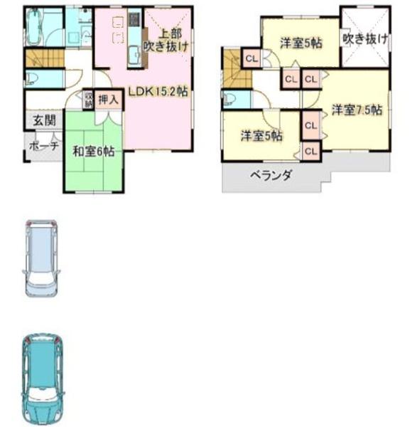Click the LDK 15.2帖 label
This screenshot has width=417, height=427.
pos(158,91)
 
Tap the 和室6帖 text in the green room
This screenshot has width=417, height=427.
pos(94,151)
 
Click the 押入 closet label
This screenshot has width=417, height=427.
pos(109,99)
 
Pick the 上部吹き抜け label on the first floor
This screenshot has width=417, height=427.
pos(165,41)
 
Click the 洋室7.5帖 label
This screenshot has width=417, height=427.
pos(357,110)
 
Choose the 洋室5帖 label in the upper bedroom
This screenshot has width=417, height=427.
pos(299,43)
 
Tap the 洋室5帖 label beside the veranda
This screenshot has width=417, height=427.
pos(260,135)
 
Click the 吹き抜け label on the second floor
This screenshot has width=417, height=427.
pos(364,38)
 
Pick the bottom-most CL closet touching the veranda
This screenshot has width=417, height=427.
pos(310,150)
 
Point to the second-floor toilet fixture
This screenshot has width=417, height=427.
pos(230,99)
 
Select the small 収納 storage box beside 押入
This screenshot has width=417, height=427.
pos(88,99)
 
